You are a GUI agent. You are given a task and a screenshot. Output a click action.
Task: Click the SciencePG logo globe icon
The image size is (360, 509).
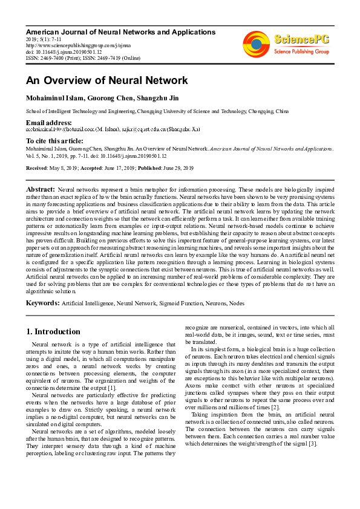[256, 45]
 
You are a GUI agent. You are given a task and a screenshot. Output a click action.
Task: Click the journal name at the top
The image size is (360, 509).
[113, 30]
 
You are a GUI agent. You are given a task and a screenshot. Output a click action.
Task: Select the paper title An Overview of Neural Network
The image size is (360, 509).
[106, 80]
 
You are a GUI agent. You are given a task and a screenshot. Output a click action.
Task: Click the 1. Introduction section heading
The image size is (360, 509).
[53, 331]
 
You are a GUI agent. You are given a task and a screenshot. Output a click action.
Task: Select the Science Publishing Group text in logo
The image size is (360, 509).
[301, 53]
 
